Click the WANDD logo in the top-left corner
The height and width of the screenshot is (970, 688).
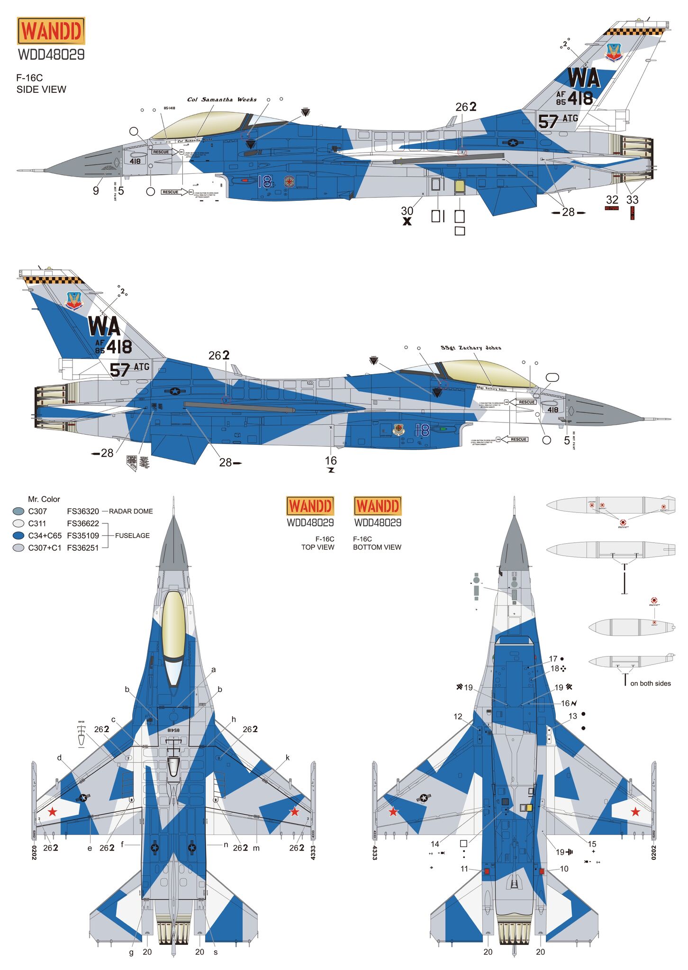tap(51, 31)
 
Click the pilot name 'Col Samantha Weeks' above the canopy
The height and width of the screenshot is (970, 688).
tap(222, 99)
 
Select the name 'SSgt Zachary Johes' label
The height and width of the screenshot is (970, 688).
tap(471, 348)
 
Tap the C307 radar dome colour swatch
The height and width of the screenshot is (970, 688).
tap(18, 512)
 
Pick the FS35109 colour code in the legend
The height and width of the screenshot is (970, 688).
tap(83, 536)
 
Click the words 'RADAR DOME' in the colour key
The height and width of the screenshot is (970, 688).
tap(131, 512)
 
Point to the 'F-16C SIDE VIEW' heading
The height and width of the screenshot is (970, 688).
tap(41, 83)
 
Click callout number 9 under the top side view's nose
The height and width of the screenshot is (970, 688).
tap(96, 191)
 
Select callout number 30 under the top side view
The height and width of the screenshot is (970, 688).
tap(407, 211)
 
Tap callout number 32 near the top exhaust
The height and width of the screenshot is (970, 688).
tap(612, 200)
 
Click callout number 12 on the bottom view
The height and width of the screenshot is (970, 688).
tap(458, 717)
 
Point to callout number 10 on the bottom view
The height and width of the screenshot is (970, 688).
tap(564, 869)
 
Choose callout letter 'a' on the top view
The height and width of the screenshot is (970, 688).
tap(214, 670)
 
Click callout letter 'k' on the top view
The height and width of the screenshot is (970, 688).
tap(288, 758)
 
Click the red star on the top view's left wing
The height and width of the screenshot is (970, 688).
tap(53, 812)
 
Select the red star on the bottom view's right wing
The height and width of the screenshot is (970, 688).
tap(635, 812)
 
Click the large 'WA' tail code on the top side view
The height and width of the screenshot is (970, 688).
tap(584, 79)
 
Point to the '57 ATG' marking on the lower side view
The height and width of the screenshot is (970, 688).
tap(129, 369)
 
